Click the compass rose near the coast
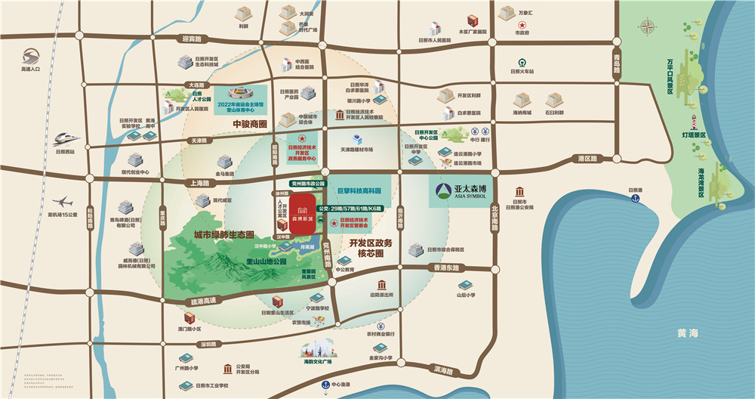pyautogui.click(x=649, y=27)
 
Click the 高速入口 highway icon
pyautogui.click(x=32, y=57)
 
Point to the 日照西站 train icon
pyautogui.click(x=66, y=138)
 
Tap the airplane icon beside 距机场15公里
pyautogui.click(x=64, y=202)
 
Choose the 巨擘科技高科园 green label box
pyautogui.click(x=357, y=192)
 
